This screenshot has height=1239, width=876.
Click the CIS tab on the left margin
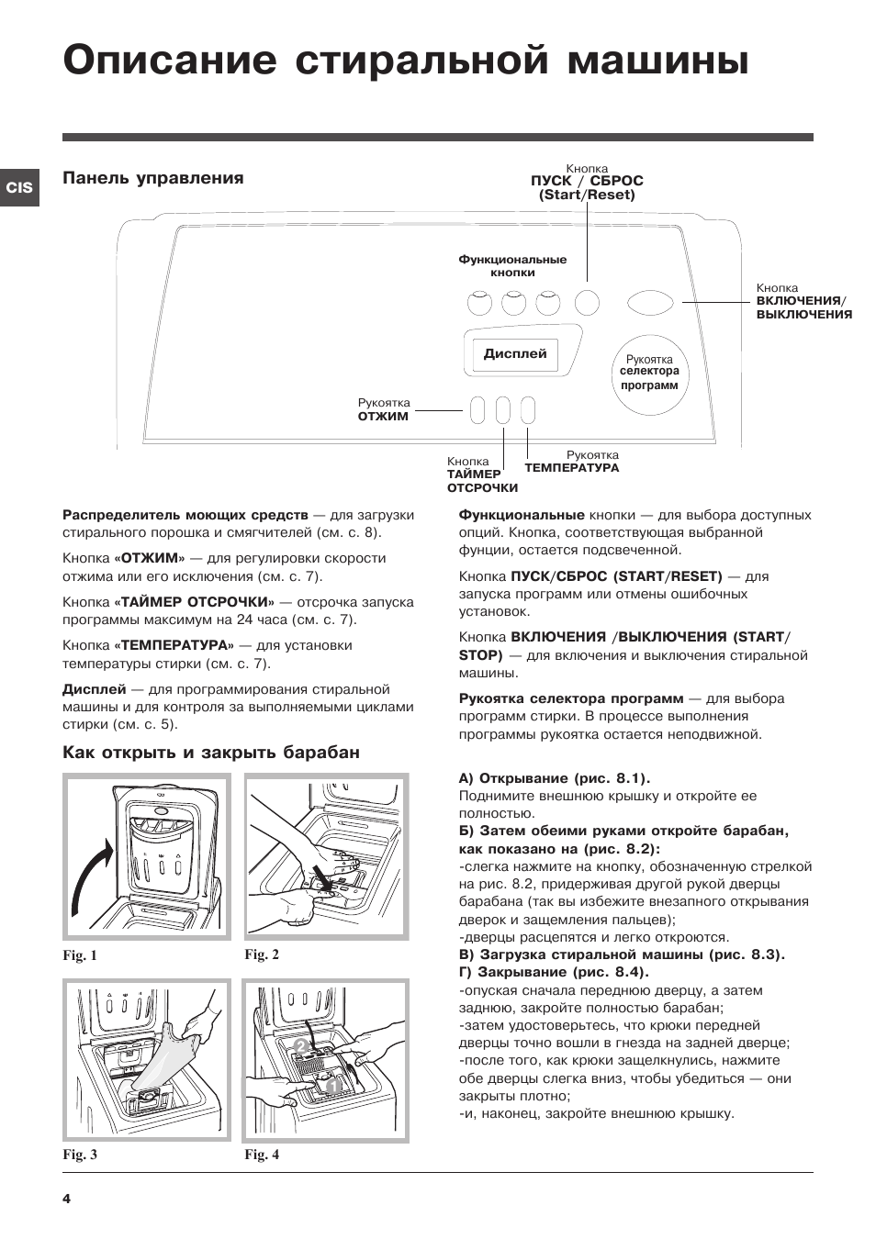[x=19, y=187]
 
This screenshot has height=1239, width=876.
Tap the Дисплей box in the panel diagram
[x=515, y=353]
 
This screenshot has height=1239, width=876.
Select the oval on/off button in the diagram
[x=650, y=302]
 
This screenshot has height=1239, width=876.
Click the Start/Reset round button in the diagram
[x=587, y=302]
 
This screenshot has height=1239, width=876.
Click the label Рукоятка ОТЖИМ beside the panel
[x=384, y=409]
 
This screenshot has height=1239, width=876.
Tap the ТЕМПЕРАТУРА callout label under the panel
[x=572, y=462]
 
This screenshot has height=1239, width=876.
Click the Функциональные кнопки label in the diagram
[x=512, y=265]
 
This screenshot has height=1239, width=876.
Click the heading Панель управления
[x=153, y=178]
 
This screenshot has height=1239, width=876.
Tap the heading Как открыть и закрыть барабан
[x=211, y=753]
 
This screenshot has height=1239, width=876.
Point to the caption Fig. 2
[x=262, y=954]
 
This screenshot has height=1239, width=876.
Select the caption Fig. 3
[x=80, y=1155]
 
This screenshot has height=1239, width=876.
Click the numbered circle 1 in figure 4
[x=332, y=1087]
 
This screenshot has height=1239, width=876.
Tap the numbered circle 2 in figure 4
[x=299, y=1045]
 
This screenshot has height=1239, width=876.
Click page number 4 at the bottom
[x=66, y=1199]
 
